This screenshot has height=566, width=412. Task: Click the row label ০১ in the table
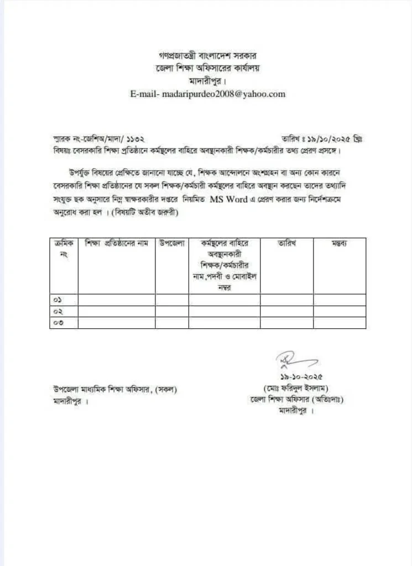pyautogui.click(x=57, y=300)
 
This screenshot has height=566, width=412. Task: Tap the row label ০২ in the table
pyautogui.click(x=57, y=312)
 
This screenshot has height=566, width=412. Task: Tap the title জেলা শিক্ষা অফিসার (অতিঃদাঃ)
pyautogui.click(x=296, y=400)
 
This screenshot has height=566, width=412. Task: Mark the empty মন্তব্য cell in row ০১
pyautogui.click(x=339, y=300)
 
